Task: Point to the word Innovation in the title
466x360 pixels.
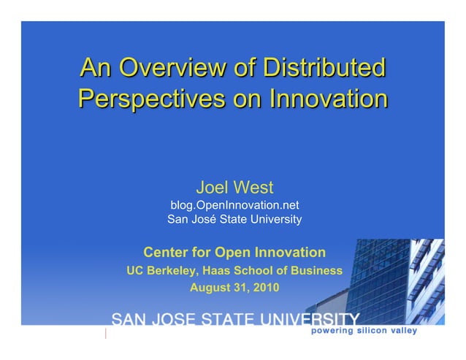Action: pyautogui.click(x=329, y=98)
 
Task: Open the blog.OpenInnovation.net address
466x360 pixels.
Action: pyautogui.click(x=234, y=205)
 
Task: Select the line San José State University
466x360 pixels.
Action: pyautogui.click(x=234, y=219)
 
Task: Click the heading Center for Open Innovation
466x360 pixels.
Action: pyautogui.click(x=234, y=253)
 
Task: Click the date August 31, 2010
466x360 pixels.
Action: pyautogui.click(x=234, y=287)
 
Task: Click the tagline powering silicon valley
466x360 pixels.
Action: pyautogui.click(x=364, y=331)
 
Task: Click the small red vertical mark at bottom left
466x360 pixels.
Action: pyautogui.click(x=107, y=334)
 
